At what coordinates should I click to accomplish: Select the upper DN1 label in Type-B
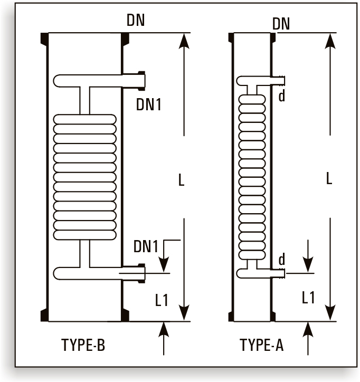(x=148, y=104)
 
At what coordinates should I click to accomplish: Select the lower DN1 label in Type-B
(x=146, y=246)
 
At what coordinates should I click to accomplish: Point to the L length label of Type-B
(x=181, y=180)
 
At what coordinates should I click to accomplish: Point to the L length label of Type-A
(x=329, y=178)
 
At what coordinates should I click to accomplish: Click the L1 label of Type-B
(x=162, y=300)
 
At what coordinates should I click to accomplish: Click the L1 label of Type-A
(x=309, y=298)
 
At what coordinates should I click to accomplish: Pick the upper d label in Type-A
(x=282, y=97)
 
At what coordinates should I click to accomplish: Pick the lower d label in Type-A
(x=282, y=260)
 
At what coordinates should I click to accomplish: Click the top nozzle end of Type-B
(x=141, y=80)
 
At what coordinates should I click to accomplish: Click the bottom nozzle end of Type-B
(x=141, y=272)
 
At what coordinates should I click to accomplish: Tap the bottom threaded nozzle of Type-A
(x=281, y=273)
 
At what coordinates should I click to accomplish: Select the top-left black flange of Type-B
(x=44, y=39)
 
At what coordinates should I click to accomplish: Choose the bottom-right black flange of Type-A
(x=273, y=316)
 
